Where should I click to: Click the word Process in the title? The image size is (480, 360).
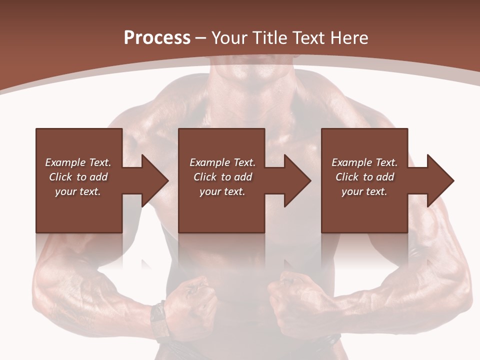[x=157, y=38]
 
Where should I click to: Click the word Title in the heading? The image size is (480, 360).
[x=268, y=38]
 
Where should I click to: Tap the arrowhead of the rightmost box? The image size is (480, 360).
[x=439, y=180]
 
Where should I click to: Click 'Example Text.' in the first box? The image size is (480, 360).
[x=78, y=162]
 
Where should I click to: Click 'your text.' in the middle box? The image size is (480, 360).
[x=222, y=191]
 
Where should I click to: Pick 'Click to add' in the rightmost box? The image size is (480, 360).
[x=364, y=177]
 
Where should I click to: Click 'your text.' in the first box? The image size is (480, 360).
[x=78, y=191]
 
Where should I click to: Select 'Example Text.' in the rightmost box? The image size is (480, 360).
[x=364, y=162]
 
